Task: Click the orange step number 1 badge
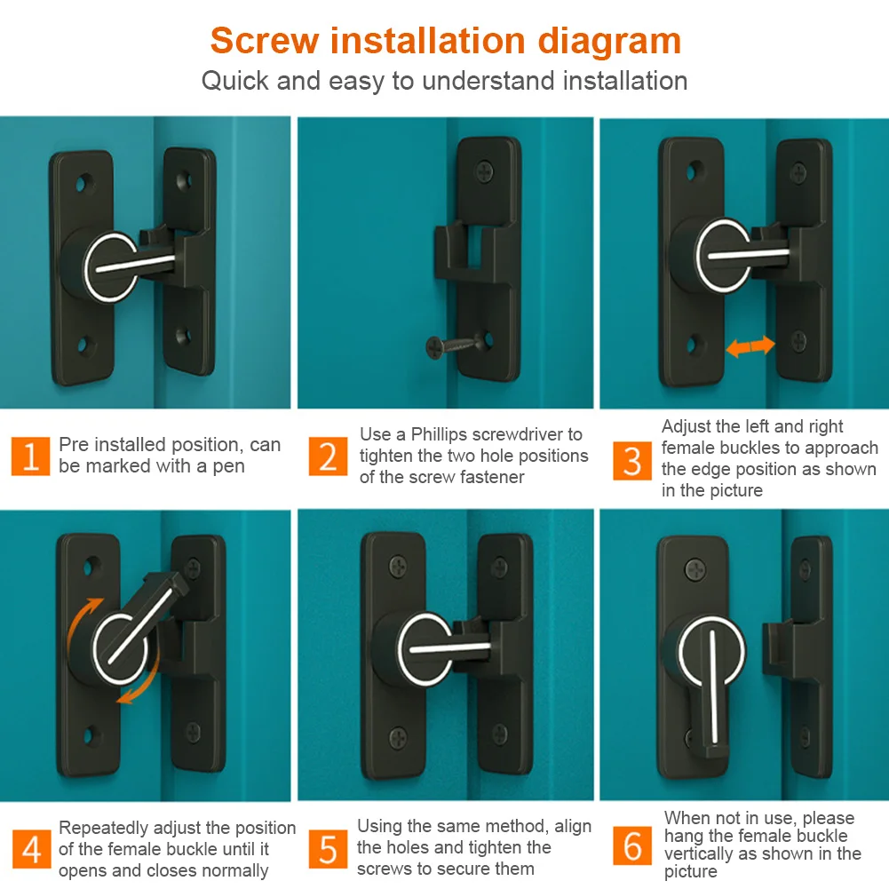click(x=30, y=456)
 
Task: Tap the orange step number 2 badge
click(x=328, y=456)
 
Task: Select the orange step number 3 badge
click(x=631, y=460)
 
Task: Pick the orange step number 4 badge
click(x=31, y=849)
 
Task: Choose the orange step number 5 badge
click(x=328, y=849)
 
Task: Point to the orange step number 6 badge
click(x=631, y=845)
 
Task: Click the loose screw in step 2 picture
click(x=454, y=345)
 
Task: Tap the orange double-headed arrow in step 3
click(x=750, y=345)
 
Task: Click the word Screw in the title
click(x=265, y=41)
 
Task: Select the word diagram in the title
click(x=609, y=43)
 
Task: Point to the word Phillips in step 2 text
click(x=439, y=434)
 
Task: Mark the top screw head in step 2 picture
click(x=484, y=171)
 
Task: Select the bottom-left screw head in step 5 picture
click(x=398, y=737)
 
